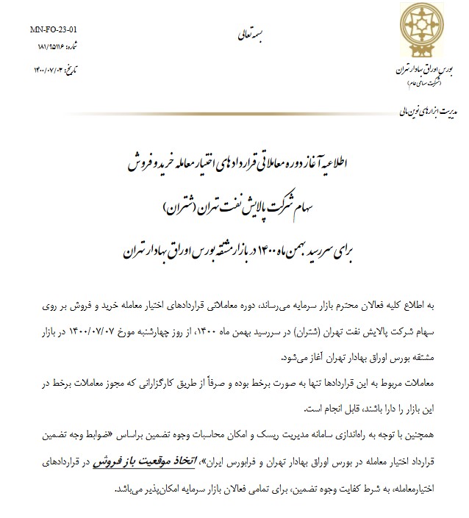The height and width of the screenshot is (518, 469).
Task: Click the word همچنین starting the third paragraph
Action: pos(414,438)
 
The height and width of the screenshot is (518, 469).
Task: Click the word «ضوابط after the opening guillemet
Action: pos(91,438)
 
